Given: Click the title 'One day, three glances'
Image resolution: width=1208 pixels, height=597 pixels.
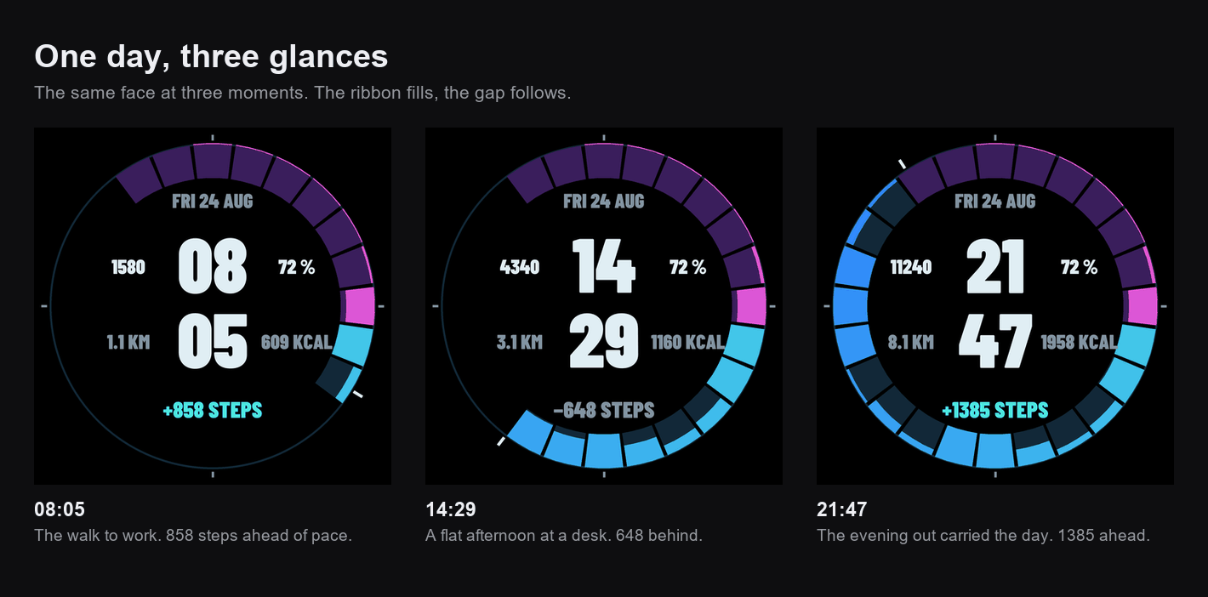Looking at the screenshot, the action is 211,57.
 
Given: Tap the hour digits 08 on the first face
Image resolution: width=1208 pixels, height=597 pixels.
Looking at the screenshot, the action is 213,266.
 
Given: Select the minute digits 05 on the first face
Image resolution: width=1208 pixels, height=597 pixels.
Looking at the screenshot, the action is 213,341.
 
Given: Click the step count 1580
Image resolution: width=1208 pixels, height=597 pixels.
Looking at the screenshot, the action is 128,267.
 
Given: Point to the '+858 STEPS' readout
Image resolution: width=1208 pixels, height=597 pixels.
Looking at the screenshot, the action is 213,411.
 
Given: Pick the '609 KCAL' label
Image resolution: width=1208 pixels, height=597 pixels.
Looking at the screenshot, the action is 297,343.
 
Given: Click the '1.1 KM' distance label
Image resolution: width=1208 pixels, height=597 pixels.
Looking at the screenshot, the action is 128,343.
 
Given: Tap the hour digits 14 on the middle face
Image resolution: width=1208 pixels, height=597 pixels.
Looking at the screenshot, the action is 604,266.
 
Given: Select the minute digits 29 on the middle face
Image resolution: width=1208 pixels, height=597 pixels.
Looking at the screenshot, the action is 604,341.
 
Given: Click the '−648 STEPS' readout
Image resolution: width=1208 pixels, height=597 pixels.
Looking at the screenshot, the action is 604,411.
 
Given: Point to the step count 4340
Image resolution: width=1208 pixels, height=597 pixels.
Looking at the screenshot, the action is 520,267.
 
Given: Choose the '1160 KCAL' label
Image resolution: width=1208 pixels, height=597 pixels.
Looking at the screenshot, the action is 687,343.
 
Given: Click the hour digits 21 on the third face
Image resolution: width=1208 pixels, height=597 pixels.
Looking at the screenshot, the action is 995,266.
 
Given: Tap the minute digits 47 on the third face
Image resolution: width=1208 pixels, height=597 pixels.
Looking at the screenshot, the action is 995,341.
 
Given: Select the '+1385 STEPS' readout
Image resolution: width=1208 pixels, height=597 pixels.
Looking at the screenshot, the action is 995,411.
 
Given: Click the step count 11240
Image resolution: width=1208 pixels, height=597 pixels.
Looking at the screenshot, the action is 911,267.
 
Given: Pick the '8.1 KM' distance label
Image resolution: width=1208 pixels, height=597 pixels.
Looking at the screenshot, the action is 911,343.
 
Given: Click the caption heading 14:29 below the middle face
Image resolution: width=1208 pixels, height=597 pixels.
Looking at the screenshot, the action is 451,509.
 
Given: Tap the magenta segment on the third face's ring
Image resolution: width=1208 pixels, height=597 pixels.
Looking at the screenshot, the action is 1142,306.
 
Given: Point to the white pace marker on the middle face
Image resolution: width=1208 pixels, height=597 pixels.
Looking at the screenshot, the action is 501,441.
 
